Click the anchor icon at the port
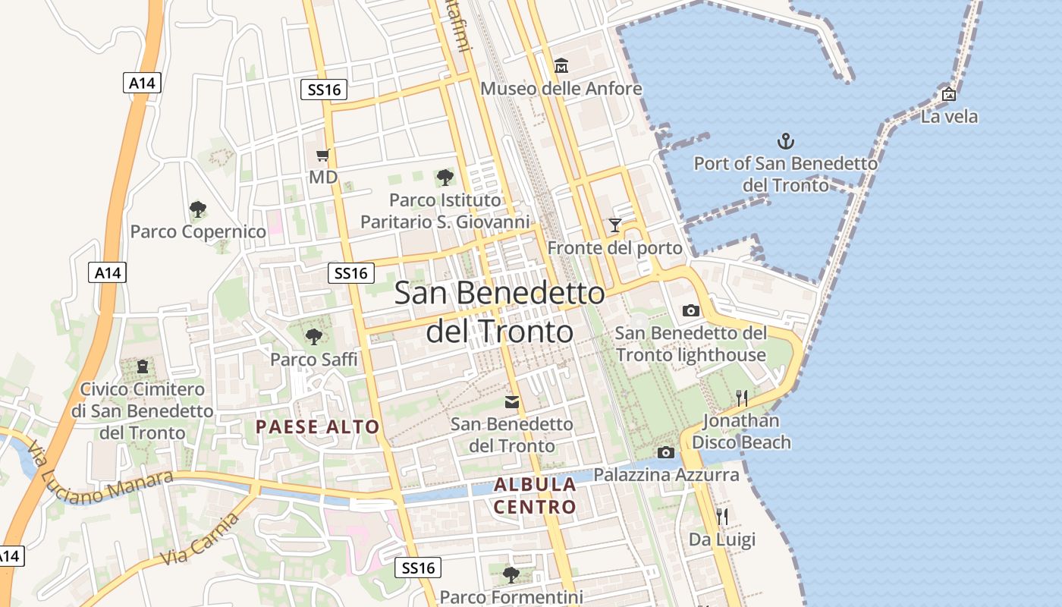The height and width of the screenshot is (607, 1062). click(x=786, y=140)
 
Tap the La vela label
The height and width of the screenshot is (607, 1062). click(x=949, y=117)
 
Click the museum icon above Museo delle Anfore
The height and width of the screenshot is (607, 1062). click(x=561, y=66)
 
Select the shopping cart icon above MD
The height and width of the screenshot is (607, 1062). click(x=322, y=156)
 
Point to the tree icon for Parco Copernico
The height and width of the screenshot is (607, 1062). click(x=198, y=209)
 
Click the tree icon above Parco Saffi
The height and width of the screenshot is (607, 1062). click(x=313, y=336)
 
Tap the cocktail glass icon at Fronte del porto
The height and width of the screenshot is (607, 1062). click(x=614, y=225)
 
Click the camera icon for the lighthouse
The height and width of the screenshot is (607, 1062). click(x=690, y=310)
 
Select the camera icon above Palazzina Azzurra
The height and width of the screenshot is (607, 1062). click(x=666, y=453)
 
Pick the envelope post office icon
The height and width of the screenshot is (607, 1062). click(x=512, y=401)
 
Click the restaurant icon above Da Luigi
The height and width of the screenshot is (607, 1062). click(x=722, y=517)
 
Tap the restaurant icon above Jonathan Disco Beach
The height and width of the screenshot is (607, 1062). click(x=742, y=398)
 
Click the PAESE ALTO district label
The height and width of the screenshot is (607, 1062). click(x=317, y=426)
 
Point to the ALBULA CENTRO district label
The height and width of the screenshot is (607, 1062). click(x=536, y=495)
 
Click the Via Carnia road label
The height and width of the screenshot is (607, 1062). click(x=200, y=539)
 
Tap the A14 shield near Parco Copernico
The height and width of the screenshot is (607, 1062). click(x=108, y=273)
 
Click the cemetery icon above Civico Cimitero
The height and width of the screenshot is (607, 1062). click(x=142, y=367)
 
